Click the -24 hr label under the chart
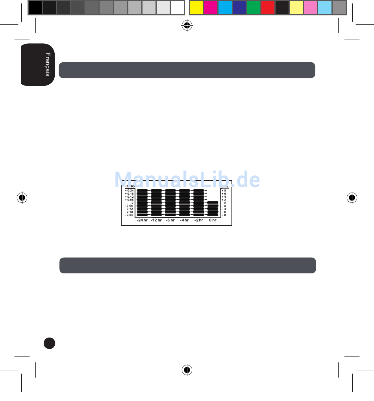pyautogui.click(x=142, y=220)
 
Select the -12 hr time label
pyautogui.click(x=156, y=220)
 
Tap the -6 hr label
pyautogui.click(x=170, y=220)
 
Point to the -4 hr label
pyautogui.click(x=184, y=220)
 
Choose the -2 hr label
pyautogui.click(x=198, y=220)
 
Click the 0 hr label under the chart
pyautogui.click(x=213, y=220)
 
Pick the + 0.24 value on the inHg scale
pyautogui.click(x=130, y=191)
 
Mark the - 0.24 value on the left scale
pyautogui.click(x=129, y=215)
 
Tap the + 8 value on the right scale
pyautogui.click(x=224, y=191)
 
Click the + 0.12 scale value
pyautogui.click(x=130, y=197)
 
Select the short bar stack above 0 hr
pyautogui.click(x=213, y=208)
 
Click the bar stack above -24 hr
pyautogui.click(x=142, y=202)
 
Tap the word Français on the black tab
pyautogui.click(x=48, y=65)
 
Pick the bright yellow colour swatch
pyautogui.click(x=196, y=7)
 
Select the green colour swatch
pyautogui.click(x=254, y=7)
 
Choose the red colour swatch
pyautogui.click(x=268, y=7)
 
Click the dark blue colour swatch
pyautogui.click(x=239, y=7)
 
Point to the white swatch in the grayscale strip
pyautogui.click(x=178, y=7)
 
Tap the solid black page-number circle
pyautogui.click(x=50, y=343)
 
